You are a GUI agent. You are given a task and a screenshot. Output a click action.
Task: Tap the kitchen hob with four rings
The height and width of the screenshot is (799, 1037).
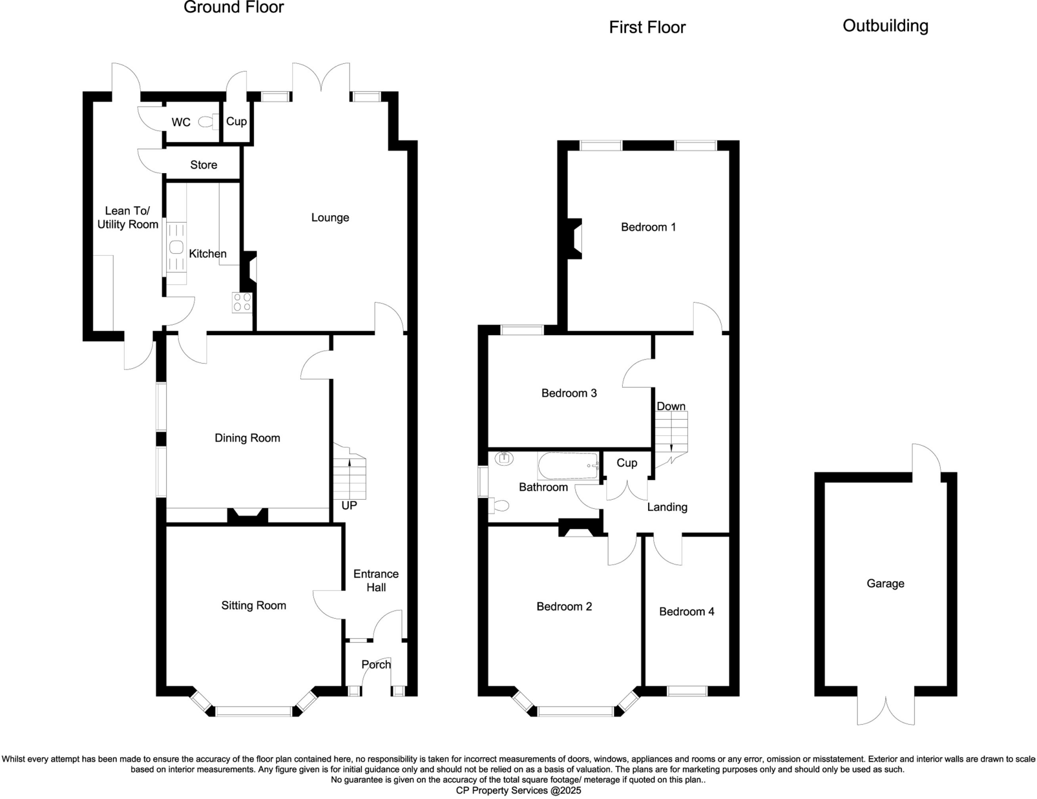coord(242,302)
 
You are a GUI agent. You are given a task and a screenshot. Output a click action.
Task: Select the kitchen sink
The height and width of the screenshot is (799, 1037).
coord(176,248)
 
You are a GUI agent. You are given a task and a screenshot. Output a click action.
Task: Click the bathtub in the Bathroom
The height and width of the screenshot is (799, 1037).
coord(568,465)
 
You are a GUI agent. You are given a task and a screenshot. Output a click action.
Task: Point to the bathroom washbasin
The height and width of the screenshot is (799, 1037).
coord(504,458)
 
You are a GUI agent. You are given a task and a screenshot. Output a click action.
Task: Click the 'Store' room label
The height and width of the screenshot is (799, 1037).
coord(204,165)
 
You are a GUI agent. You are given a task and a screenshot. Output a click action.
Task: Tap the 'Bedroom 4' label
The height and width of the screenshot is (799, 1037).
coord(686,611)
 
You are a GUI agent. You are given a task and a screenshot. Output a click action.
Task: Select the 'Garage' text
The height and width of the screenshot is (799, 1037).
coord(885,583)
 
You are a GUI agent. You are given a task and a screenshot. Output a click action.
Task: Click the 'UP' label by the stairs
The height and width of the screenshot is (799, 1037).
coord(349,505)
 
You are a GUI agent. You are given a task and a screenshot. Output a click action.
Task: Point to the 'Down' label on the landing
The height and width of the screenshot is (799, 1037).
coord(670,406)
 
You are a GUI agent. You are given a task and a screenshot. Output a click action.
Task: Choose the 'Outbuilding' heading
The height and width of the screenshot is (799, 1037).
coord(885,26)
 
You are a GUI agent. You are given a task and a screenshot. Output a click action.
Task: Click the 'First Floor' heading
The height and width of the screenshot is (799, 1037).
coord(647,27)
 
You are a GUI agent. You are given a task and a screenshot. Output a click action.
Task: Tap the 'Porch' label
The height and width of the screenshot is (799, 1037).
coord(376,664)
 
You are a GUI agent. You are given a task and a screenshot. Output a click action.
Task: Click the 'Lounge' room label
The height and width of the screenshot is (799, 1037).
coord(330,218)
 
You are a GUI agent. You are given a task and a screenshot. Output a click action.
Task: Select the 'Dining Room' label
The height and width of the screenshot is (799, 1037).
coord(247,438)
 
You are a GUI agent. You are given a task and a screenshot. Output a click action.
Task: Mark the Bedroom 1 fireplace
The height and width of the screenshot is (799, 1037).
coord(575,238)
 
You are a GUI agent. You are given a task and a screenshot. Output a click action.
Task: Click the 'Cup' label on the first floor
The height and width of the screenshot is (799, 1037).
coord(626,463)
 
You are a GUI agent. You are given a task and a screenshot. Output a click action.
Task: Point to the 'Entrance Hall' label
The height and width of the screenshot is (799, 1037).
coord(376,580)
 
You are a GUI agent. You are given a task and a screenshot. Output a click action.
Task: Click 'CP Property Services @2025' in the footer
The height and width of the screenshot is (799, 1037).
coord(518,790)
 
